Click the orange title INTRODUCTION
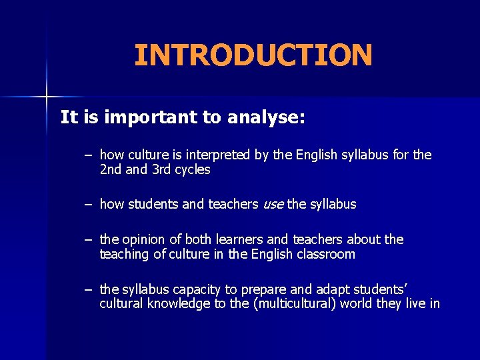click(x=253, y=55)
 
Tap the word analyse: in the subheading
click(x=266, y=118)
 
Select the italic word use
click(x=273, y=204)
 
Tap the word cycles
click(x=193, y=170)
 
